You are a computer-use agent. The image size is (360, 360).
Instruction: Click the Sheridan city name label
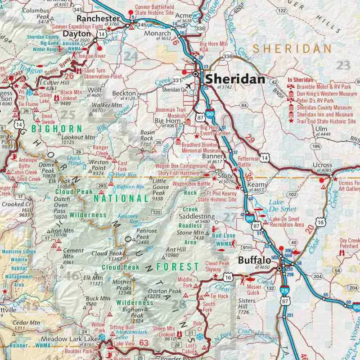pos(234,80)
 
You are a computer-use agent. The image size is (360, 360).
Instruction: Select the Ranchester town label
pos(98,18)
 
